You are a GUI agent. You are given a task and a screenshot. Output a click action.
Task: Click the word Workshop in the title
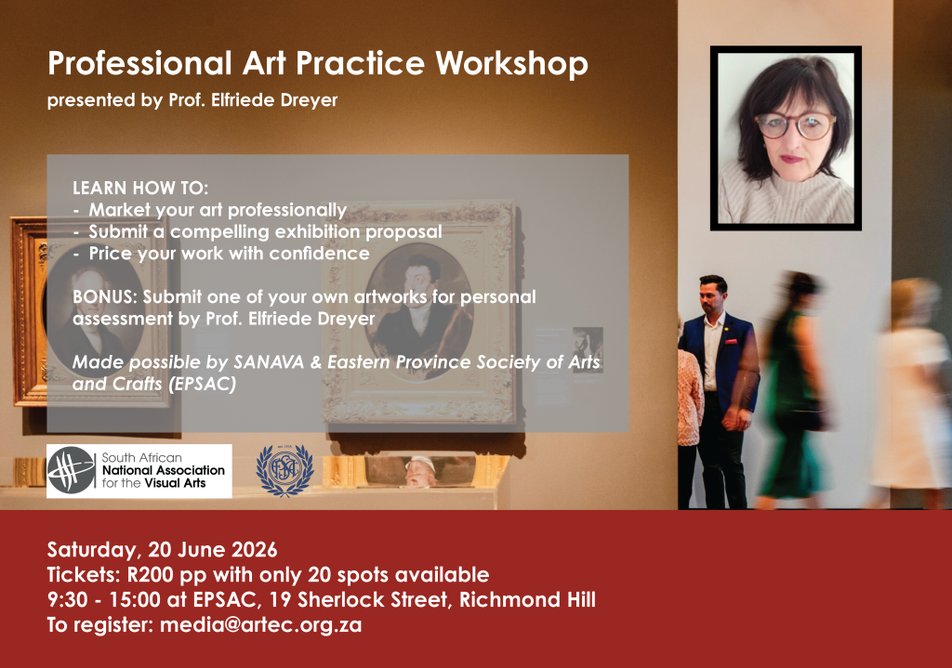pos(512,64)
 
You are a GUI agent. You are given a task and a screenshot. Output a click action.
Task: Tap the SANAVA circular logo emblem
pos(72,470)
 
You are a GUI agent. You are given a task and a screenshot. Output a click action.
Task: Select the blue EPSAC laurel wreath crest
pos(284,470)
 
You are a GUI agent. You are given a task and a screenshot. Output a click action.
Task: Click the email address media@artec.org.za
pos(260,624)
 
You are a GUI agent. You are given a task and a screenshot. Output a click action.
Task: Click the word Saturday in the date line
pos(95,550)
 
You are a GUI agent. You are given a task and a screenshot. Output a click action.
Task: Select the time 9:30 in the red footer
pos(67,599)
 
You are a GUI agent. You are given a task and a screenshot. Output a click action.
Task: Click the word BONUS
pos(104,296)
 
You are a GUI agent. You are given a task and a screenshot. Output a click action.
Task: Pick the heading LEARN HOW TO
pos(140,188)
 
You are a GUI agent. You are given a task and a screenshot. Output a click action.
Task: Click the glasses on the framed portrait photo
pos(796,126)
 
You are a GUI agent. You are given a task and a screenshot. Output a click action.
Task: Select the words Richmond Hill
pos(527,599)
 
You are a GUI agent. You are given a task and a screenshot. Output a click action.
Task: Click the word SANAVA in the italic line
pos(269,362)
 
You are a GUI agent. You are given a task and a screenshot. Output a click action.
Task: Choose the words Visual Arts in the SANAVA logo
pos(175,483)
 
